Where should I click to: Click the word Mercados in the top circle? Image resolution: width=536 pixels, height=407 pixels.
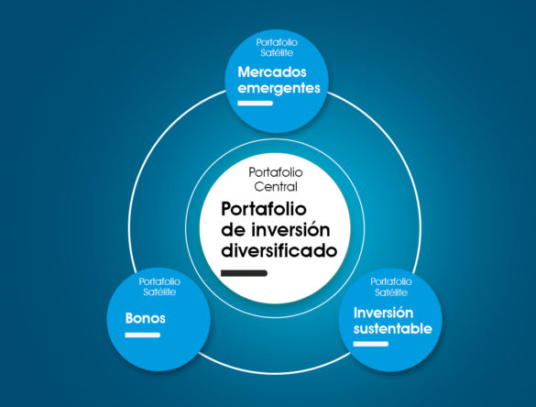pyautogui.click(x=272, y=72)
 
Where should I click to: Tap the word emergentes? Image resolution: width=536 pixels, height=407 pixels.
pyautogui.click(x=279, y=89)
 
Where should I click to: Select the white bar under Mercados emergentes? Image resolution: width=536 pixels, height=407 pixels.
pyautogui.click(x=256, y=103)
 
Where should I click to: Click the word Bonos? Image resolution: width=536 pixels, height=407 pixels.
pyautogui.click(x=146, y=318)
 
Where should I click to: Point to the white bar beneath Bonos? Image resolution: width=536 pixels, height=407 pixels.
pyautogui.click(x=143, y=335)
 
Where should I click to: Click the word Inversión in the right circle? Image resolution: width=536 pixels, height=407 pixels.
pyautogui.click(x=383, y=313)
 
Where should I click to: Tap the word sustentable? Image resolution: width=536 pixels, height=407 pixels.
pyautogui.click(x=393, y=329)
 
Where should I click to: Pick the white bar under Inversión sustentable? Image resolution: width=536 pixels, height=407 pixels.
pyautogui.click(x=371, y=344)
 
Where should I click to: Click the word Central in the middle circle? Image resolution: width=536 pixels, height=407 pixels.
pyautogui.click(x=276, y=187)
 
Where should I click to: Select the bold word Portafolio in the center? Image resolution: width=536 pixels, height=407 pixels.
pyautogui.click(x=264, y=209)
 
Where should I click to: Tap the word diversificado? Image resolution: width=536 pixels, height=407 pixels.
pyautogui.click(x=279, y=250)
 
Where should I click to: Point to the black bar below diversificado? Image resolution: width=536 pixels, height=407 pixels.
pyautogui.click(x=244, y=273)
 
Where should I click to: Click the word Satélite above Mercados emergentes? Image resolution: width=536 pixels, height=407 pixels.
pyautogui.click(x=277, y=53)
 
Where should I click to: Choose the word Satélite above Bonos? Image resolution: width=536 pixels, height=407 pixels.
pyautogui.click(x=159, y=292)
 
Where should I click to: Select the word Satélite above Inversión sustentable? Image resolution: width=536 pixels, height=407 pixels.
pyautogui.click(x=391, y=292)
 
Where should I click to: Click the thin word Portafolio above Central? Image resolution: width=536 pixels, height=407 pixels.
pyautogui.click(x=276, y=172)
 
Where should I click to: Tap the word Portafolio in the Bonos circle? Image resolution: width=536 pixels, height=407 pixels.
pyautogui.click(x=159, y=281)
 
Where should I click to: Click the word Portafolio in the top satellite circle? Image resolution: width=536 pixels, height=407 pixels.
pyautogui.click(x=277, y=42)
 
